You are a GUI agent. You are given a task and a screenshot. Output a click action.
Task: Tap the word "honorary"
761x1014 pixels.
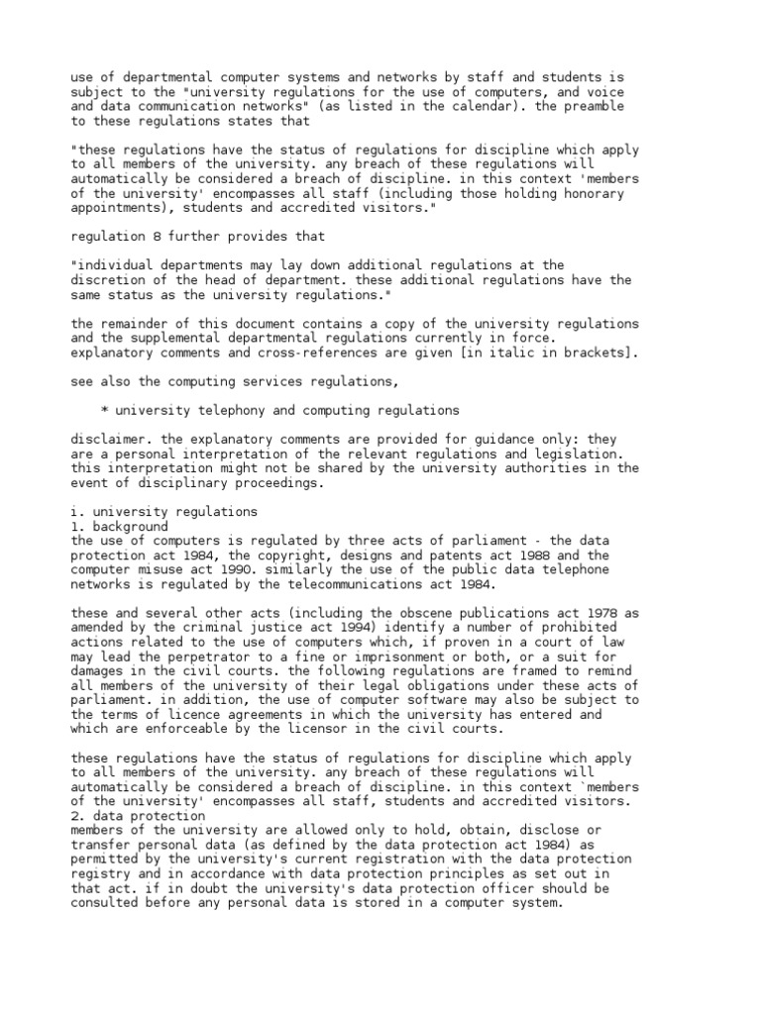(x=592, y=194)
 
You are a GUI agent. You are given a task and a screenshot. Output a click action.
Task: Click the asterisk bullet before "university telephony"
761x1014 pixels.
(x=105, y=410)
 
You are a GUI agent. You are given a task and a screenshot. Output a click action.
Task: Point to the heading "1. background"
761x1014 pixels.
(x=120, y=527)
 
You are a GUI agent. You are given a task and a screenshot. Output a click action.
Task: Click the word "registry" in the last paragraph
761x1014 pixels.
(x=102, y=874)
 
